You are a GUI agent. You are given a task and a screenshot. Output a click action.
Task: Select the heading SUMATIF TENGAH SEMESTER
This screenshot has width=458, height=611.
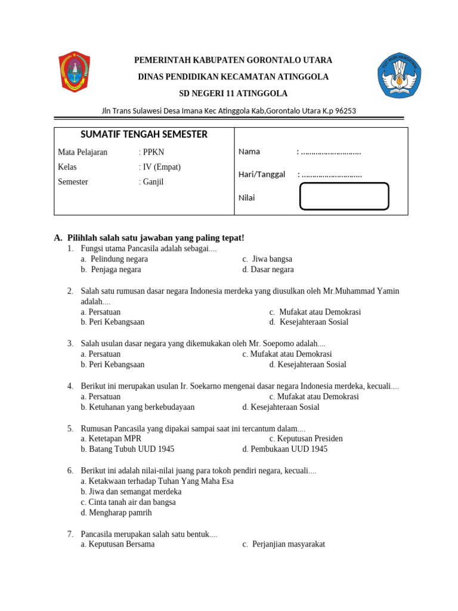[144, 134]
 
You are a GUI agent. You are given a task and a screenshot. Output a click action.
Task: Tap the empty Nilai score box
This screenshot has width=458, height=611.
[344, 197]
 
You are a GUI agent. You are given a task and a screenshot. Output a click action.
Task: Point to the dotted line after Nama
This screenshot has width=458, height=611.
[331, 152]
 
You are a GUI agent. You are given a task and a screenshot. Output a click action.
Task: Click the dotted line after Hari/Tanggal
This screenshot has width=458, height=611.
[332, 175]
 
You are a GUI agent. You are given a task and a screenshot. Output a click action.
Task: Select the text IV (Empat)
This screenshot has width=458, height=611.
[161, 167]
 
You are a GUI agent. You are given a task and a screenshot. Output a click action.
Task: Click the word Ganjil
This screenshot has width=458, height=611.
[153, 182]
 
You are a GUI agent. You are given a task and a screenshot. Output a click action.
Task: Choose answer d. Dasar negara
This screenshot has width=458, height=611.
[268, 270]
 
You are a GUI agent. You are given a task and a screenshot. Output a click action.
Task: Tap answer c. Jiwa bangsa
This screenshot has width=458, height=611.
[267, 259]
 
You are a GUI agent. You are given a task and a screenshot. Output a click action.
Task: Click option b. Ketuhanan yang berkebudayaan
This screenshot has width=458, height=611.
[137, 408]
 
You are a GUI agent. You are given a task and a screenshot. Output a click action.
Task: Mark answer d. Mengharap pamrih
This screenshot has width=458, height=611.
[116, 513]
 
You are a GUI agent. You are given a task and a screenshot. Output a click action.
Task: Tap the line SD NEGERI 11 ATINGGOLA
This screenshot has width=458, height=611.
[233, 94]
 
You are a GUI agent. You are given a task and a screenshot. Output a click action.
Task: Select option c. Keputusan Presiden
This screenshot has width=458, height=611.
[305, 439]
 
